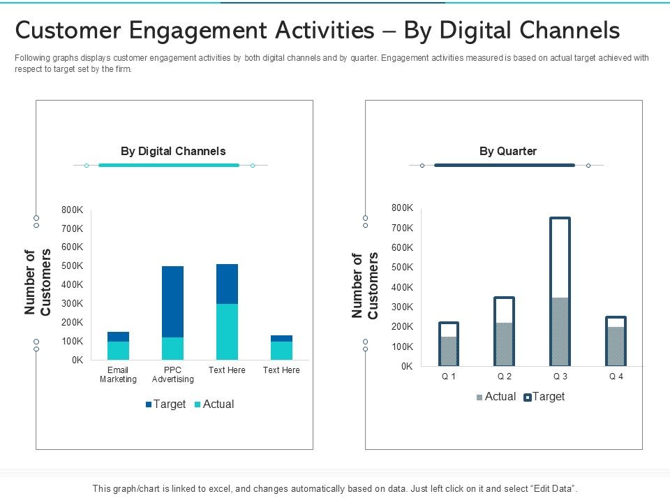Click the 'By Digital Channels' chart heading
coord(173,151)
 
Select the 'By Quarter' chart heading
coord(507,151)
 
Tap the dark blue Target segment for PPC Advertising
coord(172,301)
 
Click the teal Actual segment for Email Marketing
coord(118,351)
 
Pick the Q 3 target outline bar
coord(560,257)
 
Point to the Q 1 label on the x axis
coord(449,377)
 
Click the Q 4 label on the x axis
coord(616,377)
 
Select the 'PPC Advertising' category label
coord(172,374)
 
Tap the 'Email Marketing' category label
coord(118,374)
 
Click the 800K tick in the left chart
coord(73,210)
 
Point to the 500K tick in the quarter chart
coord(403,268)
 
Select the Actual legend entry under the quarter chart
coord(496,397)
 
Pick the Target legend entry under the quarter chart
coord(544,397)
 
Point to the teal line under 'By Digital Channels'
coord(169,166)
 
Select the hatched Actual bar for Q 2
coord(505,344)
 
